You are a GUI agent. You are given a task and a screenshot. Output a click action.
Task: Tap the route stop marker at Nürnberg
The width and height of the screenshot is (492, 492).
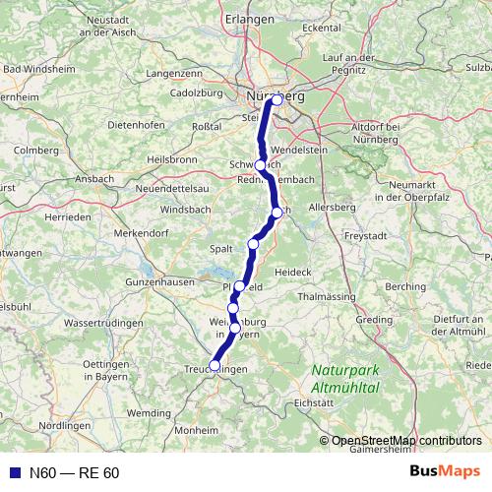pyautogui.click(x=277, y=99)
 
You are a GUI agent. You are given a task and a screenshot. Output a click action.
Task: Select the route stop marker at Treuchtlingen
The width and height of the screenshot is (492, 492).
pyautogui.click(x=215, y=366)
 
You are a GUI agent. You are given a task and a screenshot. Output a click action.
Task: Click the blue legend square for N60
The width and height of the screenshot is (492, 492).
pyautogui.click(x=13, y=472)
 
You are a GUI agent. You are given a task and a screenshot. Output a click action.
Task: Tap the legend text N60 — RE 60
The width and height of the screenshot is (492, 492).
pyautogui.click(x=74, y=473)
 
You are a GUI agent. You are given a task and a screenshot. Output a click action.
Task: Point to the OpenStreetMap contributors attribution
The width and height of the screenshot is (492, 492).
pyautogui.click(x=405, y=441)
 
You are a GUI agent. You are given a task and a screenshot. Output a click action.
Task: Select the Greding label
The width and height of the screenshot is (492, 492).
pyautogui.click(x=373, y=319)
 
